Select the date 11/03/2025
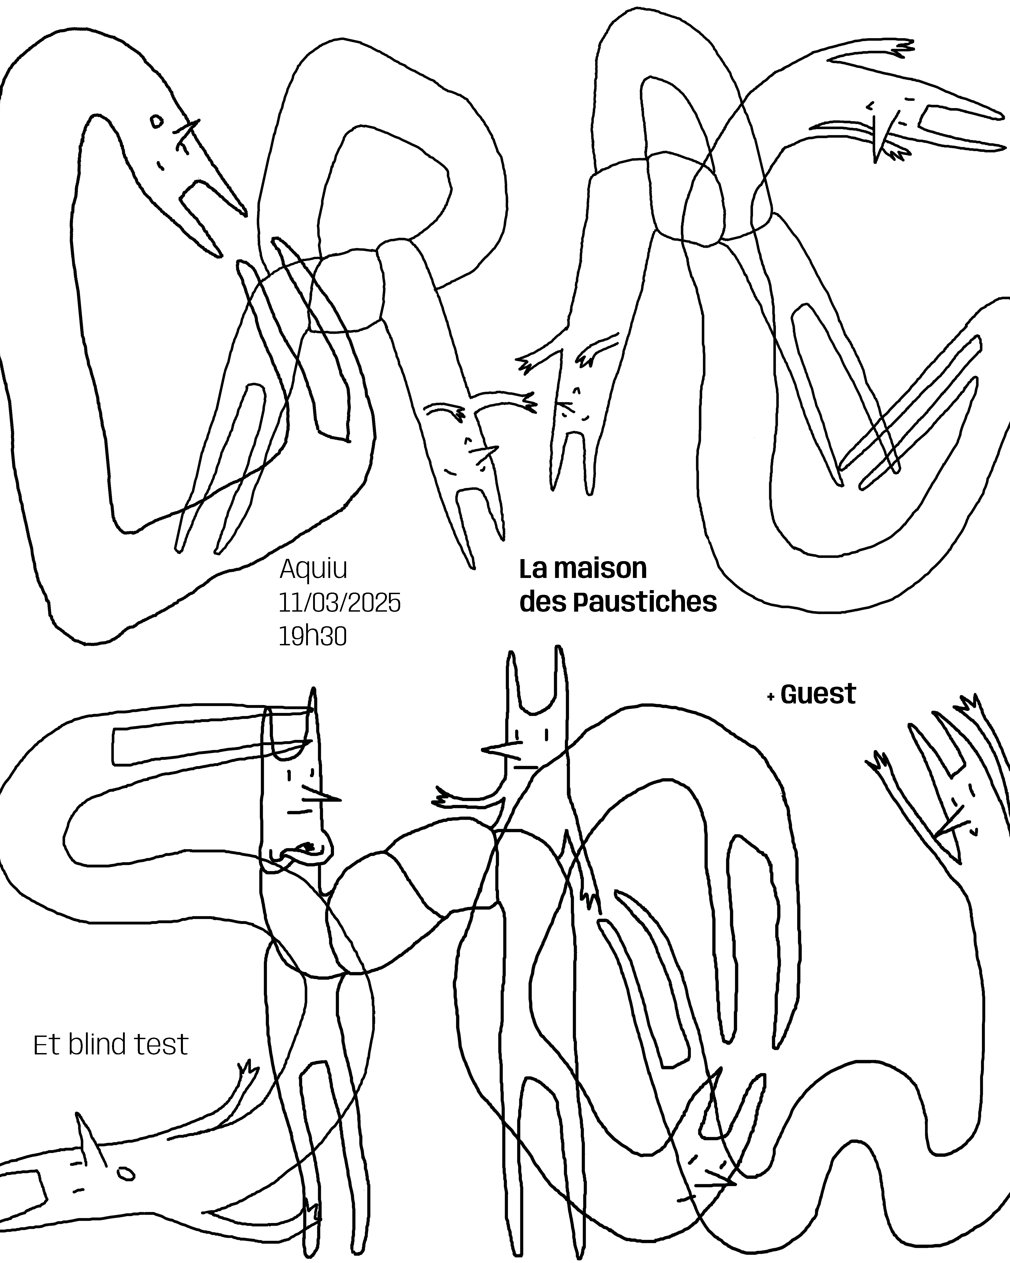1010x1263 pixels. (340, 602)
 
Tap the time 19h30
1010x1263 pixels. (313, 636)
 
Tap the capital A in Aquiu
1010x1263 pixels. (289, 568)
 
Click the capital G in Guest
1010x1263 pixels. (790, 694)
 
